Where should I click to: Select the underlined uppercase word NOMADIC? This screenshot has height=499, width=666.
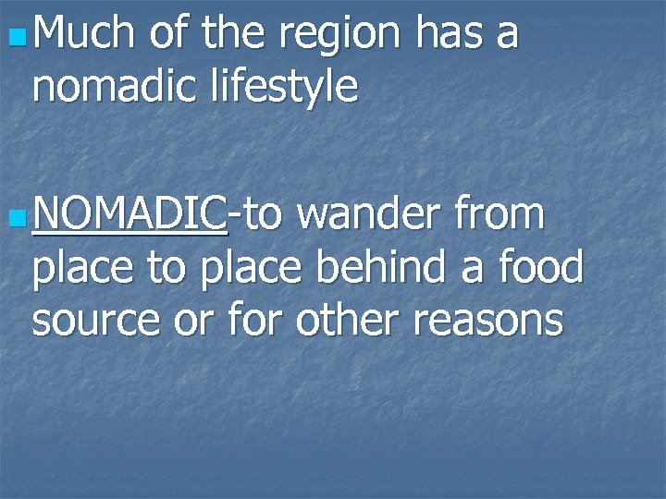coord(129,214)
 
